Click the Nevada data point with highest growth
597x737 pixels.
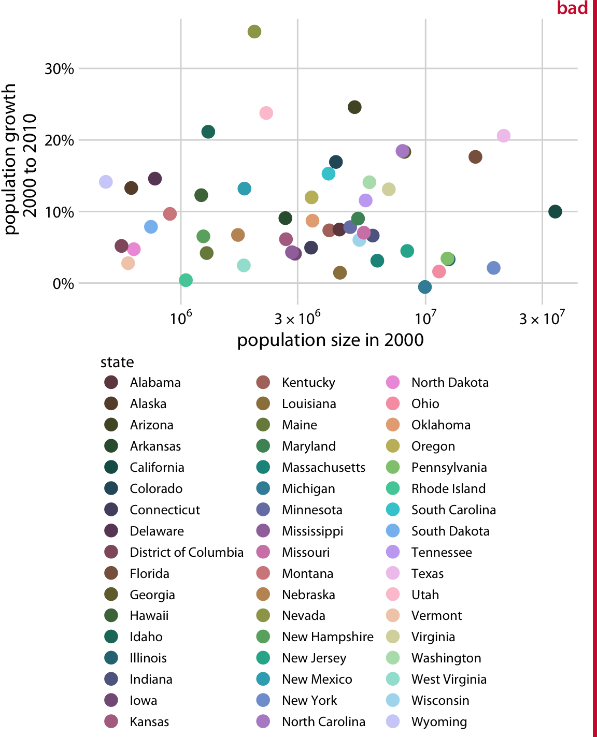pos(254,32)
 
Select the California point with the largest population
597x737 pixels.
pos(555,211)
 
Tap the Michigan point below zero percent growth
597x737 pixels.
pos(424,287)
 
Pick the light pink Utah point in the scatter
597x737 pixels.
pos(266,113)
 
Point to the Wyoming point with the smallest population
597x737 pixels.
pos(106,182)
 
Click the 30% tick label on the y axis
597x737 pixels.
pos(59,69)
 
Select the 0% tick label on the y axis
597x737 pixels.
pos(63,284)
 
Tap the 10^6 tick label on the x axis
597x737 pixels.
pos(180,317)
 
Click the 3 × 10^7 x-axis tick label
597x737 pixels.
pos(542,317)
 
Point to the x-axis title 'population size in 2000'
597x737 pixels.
pos(330,340)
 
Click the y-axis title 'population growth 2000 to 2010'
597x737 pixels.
pos(21,160)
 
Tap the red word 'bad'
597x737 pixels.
pos(572,8)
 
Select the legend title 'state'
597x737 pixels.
pos(117,362)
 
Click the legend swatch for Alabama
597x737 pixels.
pos(111,382)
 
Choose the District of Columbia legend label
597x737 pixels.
pos(187,552)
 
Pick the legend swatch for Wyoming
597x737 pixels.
pos(393,721)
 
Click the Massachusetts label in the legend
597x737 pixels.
pos(323,467)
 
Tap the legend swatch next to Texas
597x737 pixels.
pos(393,573)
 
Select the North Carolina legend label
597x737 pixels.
pos(323,721)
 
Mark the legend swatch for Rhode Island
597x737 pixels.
pos(393,488)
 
